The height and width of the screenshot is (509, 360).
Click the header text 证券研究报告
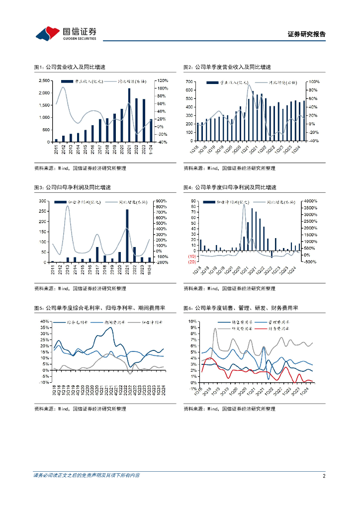[x=307, y=34]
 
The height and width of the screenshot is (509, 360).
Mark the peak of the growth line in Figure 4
[x=244, y=205]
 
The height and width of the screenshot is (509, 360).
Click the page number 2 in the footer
[x=324, y=476]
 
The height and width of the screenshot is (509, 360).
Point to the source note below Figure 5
[x=80, y=409]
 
